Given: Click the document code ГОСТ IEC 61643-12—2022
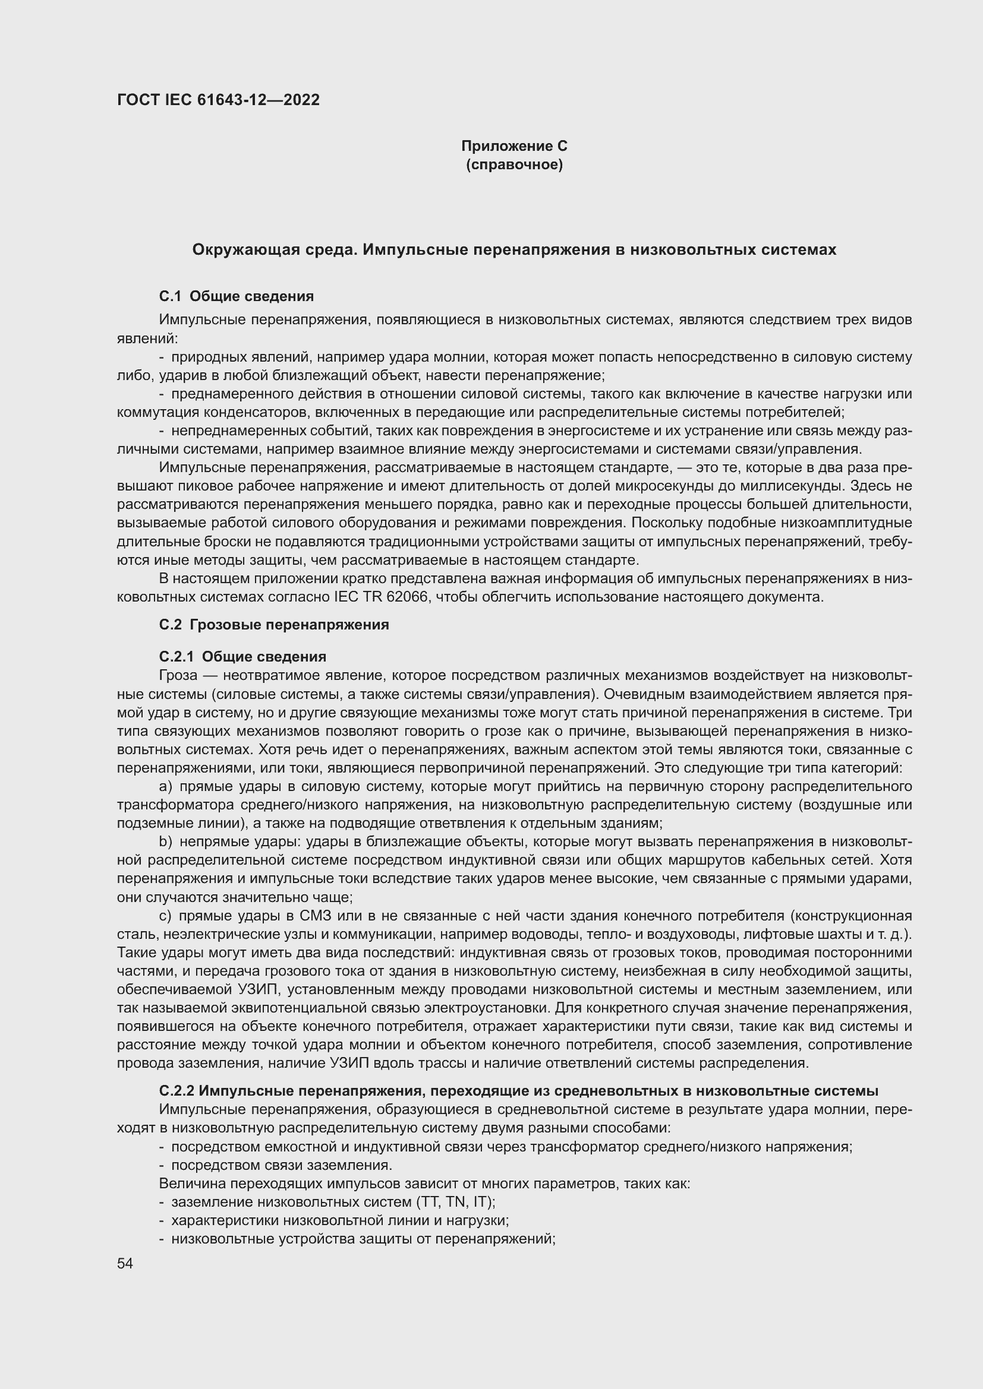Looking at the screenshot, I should (x=218, y=100).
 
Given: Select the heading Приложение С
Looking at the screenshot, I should (x=514, y=146).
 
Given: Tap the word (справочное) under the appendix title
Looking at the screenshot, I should (x=514, y=164).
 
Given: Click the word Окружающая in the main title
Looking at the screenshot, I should (x=245, y=250).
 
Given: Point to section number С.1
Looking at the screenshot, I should (x=170, y=296).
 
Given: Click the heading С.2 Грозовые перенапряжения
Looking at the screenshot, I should (x=273, y=625).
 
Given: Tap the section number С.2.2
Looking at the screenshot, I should (x=176, y=1091).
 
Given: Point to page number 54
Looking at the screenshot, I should (x=125, y=1264).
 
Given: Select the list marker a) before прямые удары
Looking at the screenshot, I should (x=166, y=786).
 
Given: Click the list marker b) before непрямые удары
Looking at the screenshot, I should (x=166, y=841).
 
